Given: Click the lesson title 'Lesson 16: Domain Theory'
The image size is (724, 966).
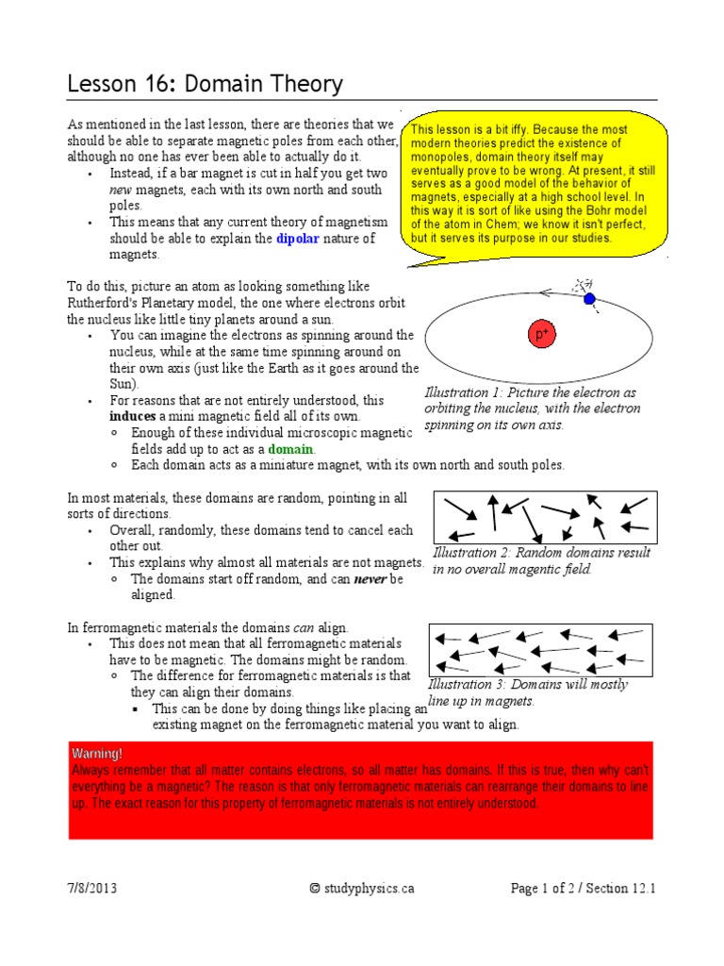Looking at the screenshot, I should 205,85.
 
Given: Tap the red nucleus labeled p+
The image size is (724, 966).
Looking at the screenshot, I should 542,334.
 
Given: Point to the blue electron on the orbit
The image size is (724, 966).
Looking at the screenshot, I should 589,299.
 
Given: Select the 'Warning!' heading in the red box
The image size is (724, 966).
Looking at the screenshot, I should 96,754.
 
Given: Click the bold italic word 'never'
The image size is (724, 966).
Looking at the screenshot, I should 370,578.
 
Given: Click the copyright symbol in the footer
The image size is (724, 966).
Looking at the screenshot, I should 315,888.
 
